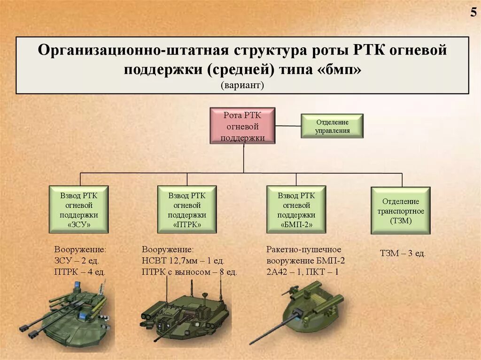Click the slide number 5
coord(473,13)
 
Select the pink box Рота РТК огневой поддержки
coord(242,126)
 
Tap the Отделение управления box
coord(332,126)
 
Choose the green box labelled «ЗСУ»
coord(79,209)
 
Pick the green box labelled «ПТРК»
coord(187,209)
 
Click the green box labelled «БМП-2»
coord(296,209)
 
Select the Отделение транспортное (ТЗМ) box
coord(401,210)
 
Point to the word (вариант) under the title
coord(243,85)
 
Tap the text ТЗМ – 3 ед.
coord(403,253)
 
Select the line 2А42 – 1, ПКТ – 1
coord(303,272)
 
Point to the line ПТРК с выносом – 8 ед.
coord(189,272)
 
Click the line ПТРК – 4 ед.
coord(80,272)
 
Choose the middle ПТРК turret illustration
coord(186,312)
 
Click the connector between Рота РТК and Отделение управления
coord(288,126)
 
